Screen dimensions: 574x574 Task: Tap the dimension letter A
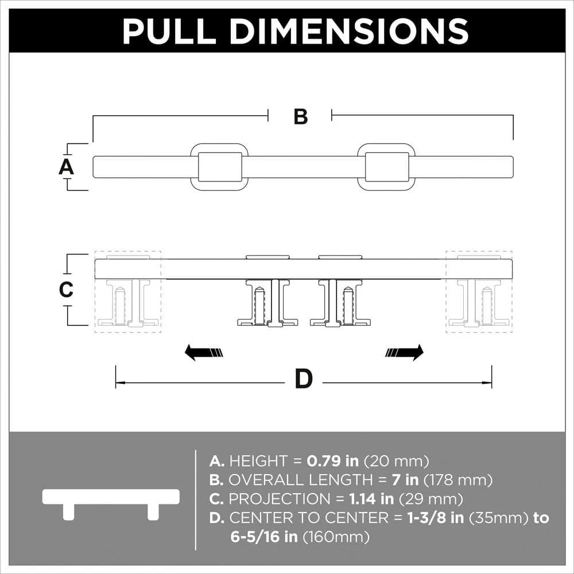[67, 167]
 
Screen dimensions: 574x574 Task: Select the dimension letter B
[301, 117]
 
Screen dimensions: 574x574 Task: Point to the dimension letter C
[67, 290]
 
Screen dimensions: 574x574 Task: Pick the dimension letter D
[304, 379]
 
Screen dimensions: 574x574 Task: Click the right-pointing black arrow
[405, 352]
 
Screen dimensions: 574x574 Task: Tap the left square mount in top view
[219, 167]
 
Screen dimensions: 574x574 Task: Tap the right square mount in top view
[387, 167]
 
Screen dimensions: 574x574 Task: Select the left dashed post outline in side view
[127, 292]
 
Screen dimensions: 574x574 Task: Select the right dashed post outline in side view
[479, 292]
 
